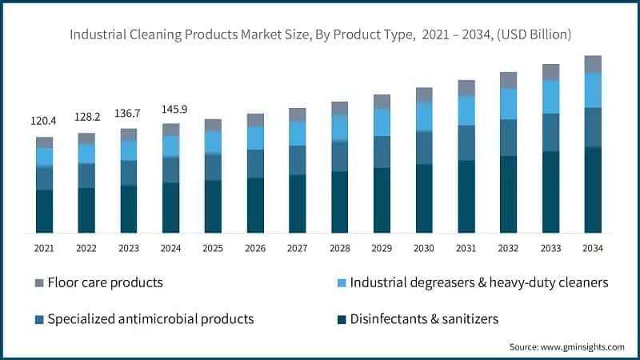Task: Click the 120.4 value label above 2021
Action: pos(43,121)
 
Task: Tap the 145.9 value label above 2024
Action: pos(174,110)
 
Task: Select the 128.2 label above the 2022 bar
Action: pos(87,117)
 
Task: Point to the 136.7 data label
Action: pos(127,114)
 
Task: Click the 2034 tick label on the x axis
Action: pos(593,248)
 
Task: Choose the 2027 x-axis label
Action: pos(297,248)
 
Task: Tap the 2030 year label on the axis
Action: pos(424,248)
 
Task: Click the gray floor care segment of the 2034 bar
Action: pos(593,64)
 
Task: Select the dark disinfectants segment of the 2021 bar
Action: pos(45,211)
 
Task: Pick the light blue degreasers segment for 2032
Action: pos(508,104)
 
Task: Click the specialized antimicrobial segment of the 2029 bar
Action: pos(382,152)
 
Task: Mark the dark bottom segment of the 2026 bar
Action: pos(255,206)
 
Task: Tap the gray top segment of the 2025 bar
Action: pos(213,125)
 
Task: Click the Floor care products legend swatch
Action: pos(39,283)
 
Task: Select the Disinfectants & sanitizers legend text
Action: pos(424,318)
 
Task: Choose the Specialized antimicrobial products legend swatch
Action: pos(39,319)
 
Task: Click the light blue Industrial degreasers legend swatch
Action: pos(342,283)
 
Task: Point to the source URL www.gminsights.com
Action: pos(582,347)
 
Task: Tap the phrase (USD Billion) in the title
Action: pos(534,34)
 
